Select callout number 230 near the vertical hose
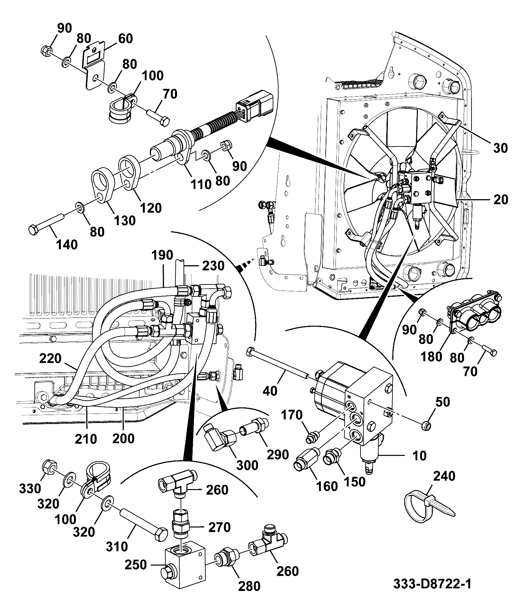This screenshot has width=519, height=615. [213, 266]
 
